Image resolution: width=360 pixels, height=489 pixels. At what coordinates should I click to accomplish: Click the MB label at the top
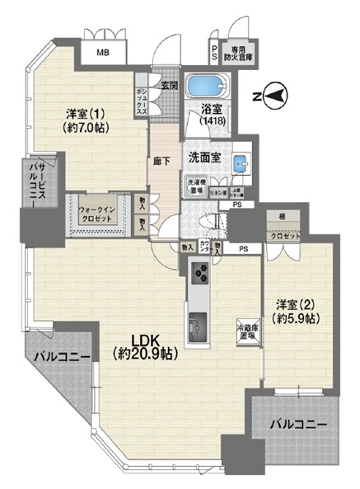(103, 53)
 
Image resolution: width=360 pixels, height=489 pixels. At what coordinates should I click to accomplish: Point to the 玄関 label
(171, 85)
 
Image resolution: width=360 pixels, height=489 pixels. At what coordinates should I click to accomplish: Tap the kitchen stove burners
(200, 271)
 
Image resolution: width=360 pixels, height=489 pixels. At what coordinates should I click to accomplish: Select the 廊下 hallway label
(162, 162)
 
